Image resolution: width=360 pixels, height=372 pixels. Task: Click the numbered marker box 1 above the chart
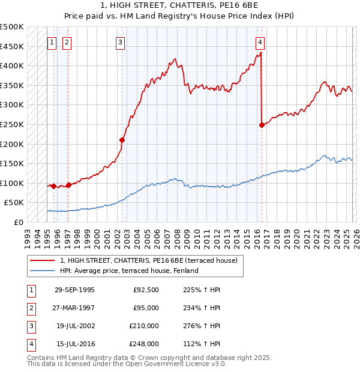52,42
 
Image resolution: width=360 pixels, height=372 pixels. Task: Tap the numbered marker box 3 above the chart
121,42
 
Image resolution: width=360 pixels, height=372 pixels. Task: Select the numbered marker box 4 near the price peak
260,42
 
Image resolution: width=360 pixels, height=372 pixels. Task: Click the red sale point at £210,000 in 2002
122,140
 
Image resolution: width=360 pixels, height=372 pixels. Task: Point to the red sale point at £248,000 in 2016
262,125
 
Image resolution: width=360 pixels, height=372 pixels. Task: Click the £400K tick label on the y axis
12,66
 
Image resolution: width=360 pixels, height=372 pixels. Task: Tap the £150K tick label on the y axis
12,163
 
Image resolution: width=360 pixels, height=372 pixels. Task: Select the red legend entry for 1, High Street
149,260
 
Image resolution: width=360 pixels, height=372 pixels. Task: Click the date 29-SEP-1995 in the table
74,290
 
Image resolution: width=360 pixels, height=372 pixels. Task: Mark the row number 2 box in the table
31,308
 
